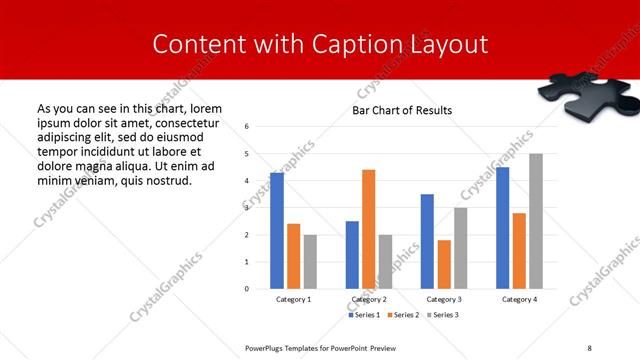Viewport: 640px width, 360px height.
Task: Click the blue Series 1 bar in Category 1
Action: pyautogui.click(x=277, y=231)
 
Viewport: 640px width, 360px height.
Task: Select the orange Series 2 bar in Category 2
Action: pyautogui.click(x=368, y=229)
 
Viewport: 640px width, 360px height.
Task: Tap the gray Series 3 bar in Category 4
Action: pyautogui.click(x=536, y=221)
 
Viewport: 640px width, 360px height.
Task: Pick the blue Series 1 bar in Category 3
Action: pyautogui.click(x=427, y=241)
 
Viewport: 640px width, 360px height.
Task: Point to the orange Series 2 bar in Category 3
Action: pyautogui.click(x=444, y=264)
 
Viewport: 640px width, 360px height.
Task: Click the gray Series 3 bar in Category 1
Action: pyautogui.click(x=310, y=262)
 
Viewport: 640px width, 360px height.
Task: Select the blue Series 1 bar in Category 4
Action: pyautogui.click(x=502, y=228)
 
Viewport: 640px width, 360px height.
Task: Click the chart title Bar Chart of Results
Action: pyautogui.click(x=402, y=110)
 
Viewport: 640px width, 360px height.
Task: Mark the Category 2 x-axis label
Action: pyautogui.click(x=369, y=299)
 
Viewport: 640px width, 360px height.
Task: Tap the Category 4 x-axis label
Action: pyautogui.click(x=519, y=299)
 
